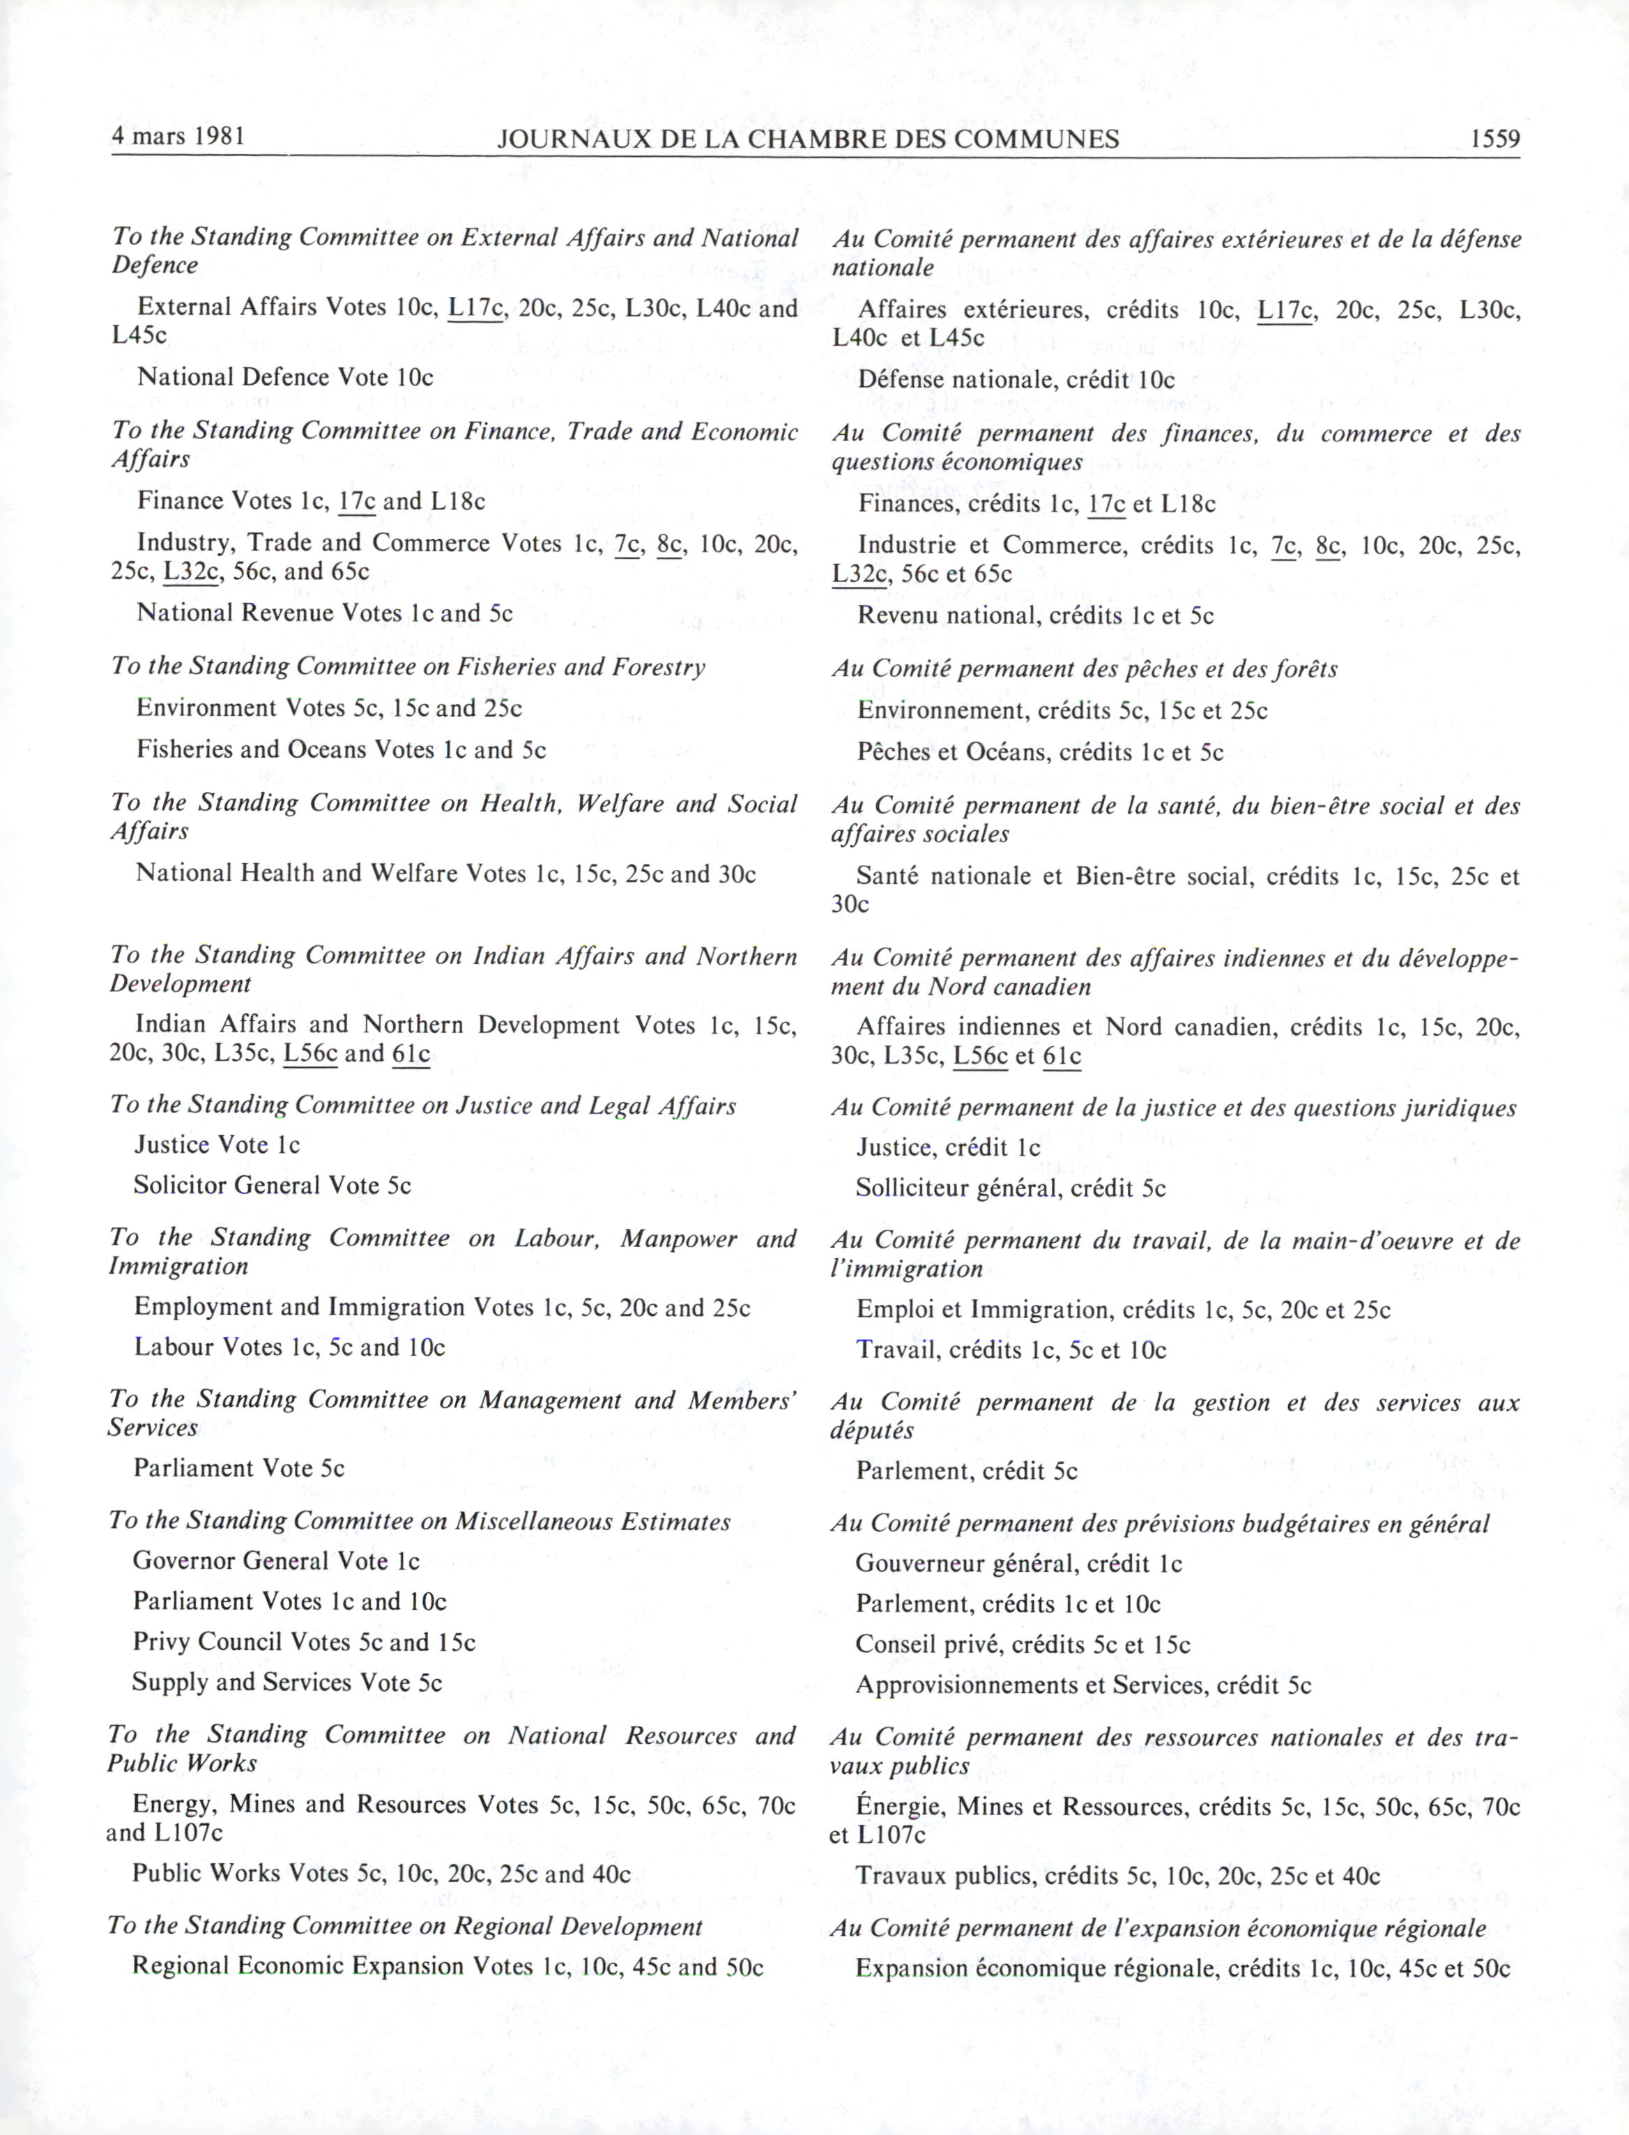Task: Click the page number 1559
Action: tap(1494, 139)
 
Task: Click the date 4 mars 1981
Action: tap(178, 136)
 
